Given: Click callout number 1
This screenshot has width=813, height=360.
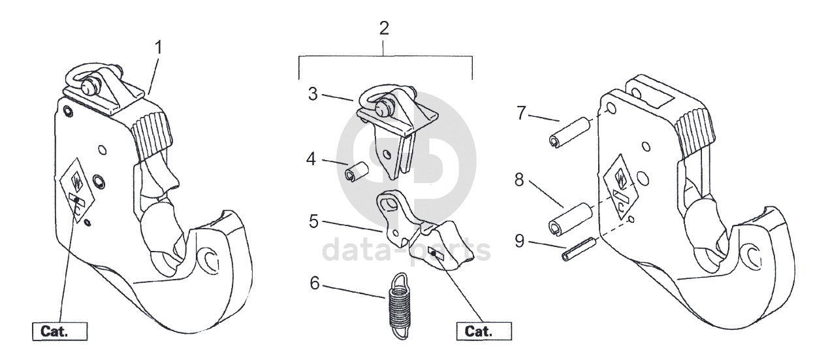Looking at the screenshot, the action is [x=158, y=48].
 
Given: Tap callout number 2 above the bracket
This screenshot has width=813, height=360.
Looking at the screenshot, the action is [x=384, y=28].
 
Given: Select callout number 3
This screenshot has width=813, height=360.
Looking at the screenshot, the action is [x=313, y=94].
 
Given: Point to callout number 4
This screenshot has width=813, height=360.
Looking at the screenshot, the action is [x=311, y=159].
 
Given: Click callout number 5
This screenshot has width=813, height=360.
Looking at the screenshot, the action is [x=313, y=221].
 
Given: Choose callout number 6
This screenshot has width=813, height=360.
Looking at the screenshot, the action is [x=315, y=284].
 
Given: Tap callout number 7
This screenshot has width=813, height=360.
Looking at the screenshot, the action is [x=521, y=113].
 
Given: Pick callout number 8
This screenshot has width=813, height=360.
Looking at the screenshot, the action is [x=519, y=180].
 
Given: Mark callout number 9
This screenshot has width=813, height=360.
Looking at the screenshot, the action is [x=520, y=241].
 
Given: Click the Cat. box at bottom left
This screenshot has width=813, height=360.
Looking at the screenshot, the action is [x=60, y=331].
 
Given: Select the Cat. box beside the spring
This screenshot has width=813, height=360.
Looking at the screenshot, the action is [x=484, y=331].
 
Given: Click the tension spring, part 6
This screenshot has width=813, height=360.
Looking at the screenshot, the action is [x=398, y=306].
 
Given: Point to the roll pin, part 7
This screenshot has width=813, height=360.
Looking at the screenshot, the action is [x=569, y=133].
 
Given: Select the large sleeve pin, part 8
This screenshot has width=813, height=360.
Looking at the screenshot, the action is [x=571, y=219].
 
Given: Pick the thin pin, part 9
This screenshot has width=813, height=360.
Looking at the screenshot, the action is [x=579, y=249].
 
